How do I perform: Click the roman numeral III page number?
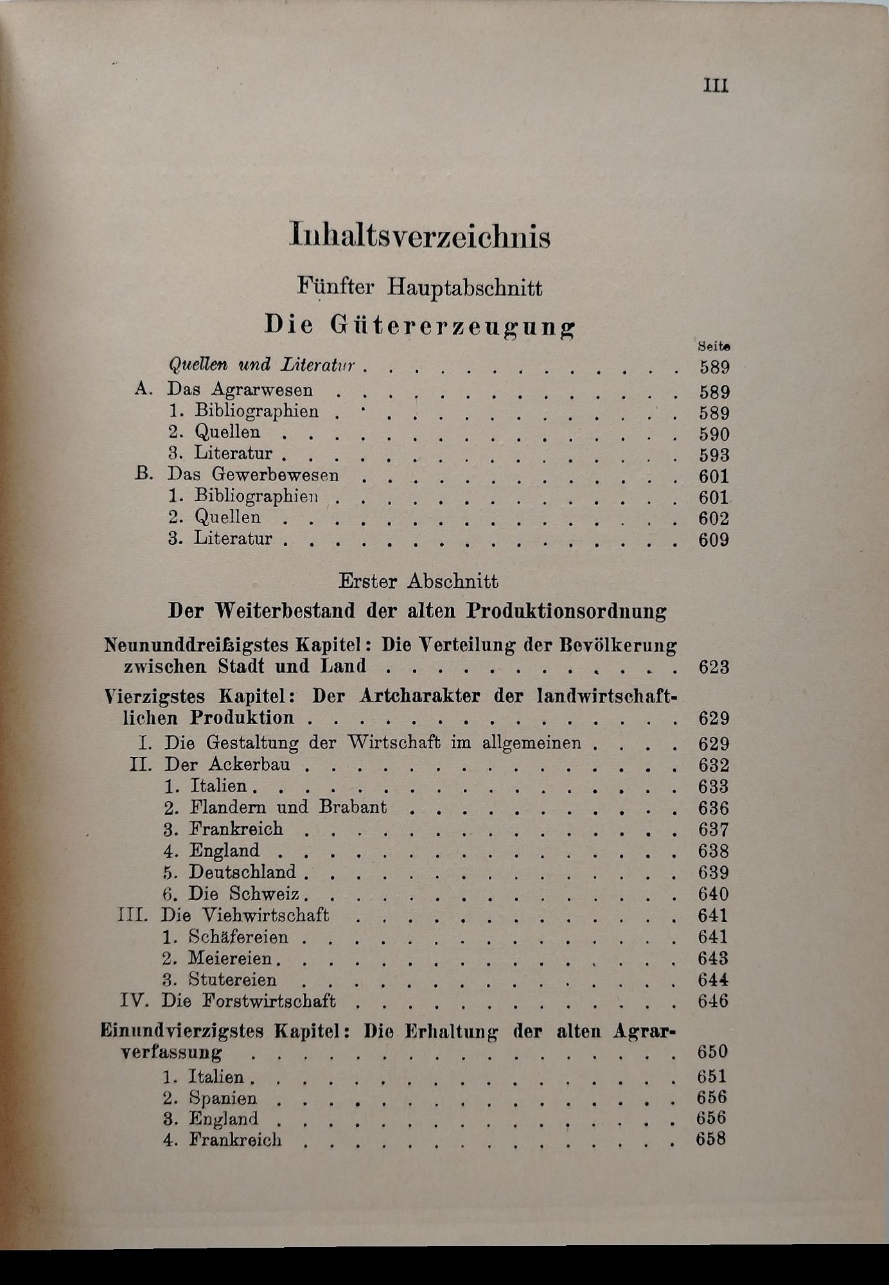coord(716,86)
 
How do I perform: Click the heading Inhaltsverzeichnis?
coord(420,236)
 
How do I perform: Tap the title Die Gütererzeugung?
coord(420,326)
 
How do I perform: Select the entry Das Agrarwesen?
coord(240,389)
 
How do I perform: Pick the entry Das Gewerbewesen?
coord(253,475)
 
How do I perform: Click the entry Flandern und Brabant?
coord(288,807)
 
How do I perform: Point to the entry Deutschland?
coord(242,872)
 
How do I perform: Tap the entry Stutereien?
coord(233,980)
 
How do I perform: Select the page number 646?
coord(713,1001)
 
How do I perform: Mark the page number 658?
coord(712,1140)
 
